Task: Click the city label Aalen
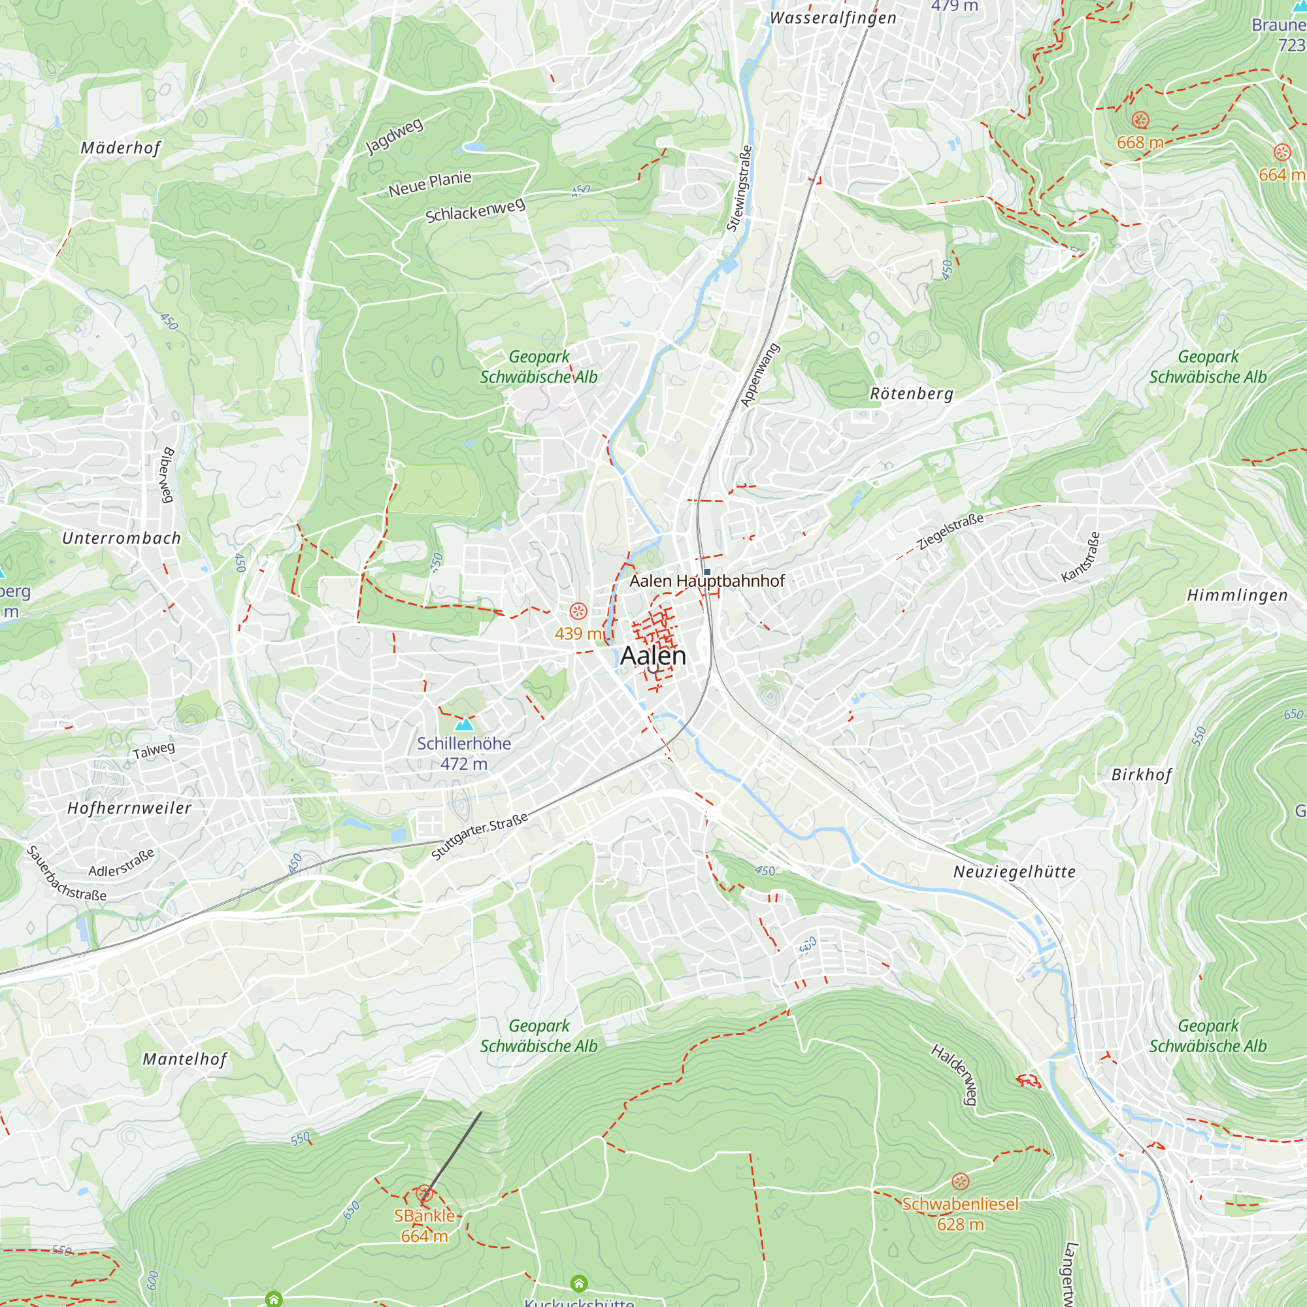(x=653, y=655)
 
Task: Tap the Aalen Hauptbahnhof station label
(x=707, y=581)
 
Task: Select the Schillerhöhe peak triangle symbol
(x=464, y=725)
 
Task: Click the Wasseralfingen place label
(x=833, y=18)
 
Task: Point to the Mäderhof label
(x=121, y=148)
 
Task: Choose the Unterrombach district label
(x=122, y=538)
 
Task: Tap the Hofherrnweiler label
(x=129, y=808)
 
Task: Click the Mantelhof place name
(x=185, y=1059)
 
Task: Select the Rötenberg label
(x=911, y=393)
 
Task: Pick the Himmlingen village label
(x=1237, y=595)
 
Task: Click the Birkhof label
(x=1142, y=775)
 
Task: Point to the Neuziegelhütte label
(x=1014, y=872)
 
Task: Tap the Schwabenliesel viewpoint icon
(x=960, y=1182)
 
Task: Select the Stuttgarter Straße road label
(x=480, y=836)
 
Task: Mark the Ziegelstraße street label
(x=950, y=532)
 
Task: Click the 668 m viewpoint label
(x=1140, y=142)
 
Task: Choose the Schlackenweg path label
(x=475, y=210)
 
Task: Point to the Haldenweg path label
(x=954, y=1074)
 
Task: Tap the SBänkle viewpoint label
(x=424, y=1216)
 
